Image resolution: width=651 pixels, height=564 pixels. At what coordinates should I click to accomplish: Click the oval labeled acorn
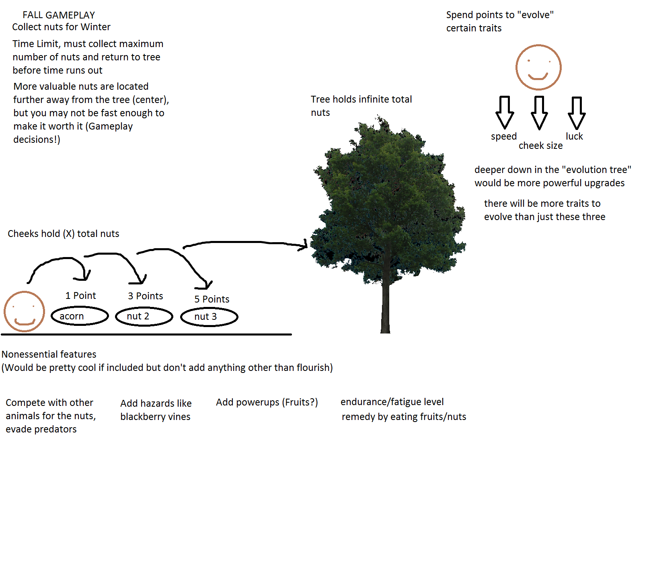click(x=80, y=316)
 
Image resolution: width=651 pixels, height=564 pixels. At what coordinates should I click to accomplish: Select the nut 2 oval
click(x=144, y=317)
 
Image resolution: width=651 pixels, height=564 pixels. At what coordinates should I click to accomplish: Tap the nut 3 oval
click(x=209, y=317)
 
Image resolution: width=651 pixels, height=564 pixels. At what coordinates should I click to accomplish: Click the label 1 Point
click(x=80, y=296)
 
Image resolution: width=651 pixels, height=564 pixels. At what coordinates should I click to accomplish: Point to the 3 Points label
click(x=145, y=296)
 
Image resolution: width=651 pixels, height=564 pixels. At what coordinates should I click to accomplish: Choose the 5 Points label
click(x=212, y=299)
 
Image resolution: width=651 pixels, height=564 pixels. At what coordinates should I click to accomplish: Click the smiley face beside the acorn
click(x=24, y=311)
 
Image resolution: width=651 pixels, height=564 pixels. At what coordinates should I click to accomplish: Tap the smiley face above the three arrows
click(x=538, y=68)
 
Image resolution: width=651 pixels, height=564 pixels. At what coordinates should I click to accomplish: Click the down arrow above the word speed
click(x=505, y=113)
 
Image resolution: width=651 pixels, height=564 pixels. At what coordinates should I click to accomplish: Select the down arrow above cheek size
click(x=539, y=113)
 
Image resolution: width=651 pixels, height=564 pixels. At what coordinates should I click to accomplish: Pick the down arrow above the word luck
click(x=577, y=113)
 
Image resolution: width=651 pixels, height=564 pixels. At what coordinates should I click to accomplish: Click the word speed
click(x=503, y=136)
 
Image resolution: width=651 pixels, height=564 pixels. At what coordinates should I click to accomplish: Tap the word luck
click(x=574, y=136)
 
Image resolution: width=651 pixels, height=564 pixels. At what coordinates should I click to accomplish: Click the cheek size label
click(x=540, y=146)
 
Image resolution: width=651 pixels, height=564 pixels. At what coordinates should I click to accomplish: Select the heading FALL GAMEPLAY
click(x=59, y=15)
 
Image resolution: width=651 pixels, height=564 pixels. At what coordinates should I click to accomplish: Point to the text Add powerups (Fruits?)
click(x=267, y=402)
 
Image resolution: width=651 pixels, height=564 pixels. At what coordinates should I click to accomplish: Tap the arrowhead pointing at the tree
click(x=303, y=245)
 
